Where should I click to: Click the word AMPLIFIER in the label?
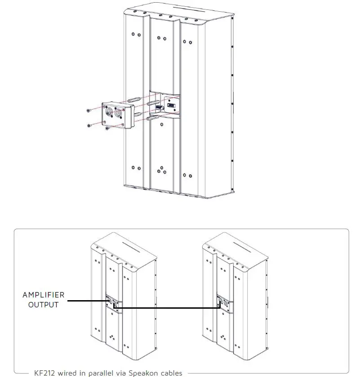click(x=43, y=295)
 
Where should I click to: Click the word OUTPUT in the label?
click(x=43, y=305)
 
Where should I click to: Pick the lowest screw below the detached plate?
click(x=107, y=128)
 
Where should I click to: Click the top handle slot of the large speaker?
click(x=184, y=9)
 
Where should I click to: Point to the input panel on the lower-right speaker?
click(x=223, y=303)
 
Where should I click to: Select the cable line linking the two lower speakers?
click(x=171, y=308)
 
